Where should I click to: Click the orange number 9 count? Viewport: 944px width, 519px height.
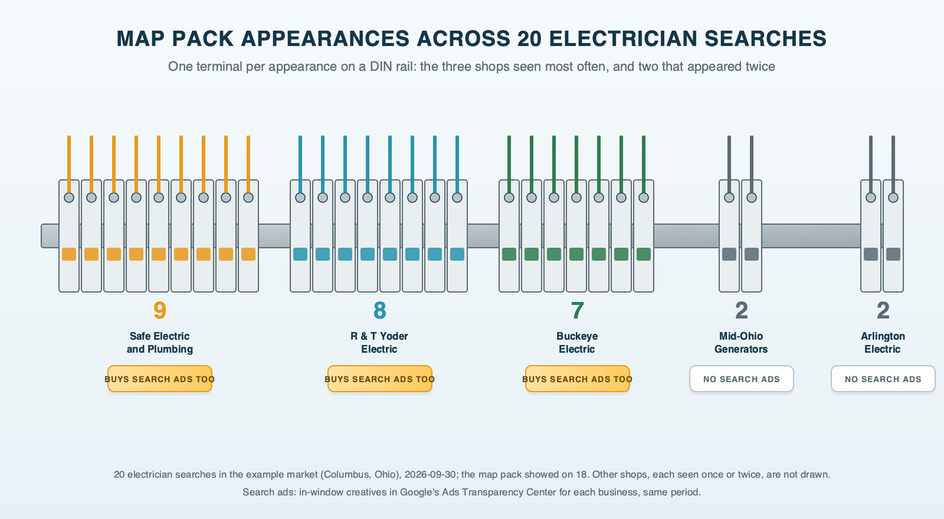click(160, 311)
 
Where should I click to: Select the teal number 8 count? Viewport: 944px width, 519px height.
click(380, 311)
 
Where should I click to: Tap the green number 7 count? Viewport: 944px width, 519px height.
click(577, 311)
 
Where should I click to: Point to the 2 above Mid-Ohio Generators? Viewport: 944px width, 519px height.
click(742, 311)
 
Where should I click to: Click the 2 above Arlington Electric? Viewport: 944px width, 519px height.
click(883, 311)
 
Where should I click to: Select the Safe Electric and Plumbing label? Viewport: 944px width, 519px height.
click(160, 342)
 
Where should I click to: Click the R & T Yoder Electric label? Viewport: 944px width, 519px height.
click(379, 342)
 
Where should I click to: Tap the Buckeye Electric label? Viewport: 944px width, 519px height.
click(577, 342)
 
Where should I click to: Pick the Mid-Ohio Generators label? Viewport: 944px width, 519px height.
click(741, 342)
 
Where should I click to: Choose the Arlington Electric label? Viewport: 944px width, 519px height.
click(883, 342)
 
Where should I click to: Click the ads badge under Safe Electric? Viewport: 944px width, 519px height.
click(160, 379)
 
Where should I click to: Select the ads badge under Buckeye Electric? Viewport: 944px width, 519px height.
click(577, 379)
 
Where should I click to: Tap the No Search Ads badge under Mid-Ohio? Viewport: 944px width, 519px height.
click(742, 379)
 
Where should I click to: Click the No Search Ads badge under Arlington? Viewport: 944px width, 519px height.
click(883, 379)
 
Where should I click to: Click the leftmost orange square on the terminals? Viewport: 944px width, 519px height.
click(69, 254)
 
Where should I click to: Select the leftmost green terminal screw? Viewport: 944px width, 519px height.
click(509, 197)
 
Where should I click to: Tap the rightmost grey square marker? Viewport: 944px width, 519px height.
click(893, 254)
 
